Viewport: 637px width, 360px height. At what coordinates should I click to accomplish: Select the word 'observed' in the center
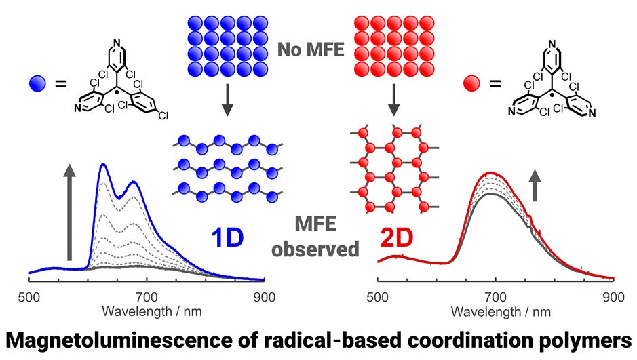tap(315, 249)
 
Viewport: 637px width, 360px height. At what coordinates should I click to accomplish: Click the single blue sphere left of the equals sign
tap(38, 85)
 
